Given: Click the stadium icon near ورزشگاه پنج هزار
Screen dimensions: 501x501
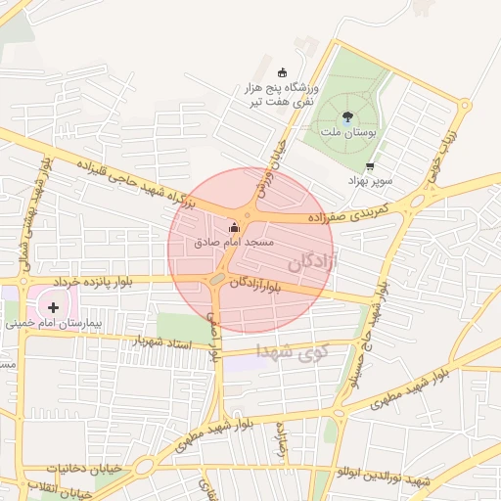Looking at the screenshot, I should pos(283,71).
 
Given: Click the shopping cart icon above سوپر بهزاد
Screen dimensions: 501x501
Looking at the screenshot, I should pos(369,166).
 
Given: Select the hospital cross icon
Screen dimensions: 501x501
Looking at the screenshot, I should pos(52,307).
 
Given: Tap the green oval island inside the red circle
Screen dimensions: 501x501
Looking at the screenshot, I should pos(216,280).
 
